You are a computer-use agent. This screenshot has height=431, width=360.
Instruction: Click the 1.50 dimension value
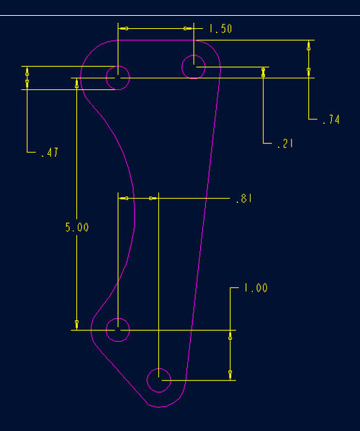click(220, 29)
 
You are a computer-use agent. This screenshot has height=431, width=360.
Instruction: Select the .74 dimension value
click(331, 119)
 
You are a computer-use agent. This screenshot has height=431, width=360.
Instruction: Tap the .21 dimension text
click(285, 143)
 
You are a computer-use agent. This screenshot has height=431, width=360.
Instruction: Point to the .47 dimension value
click(50, 153)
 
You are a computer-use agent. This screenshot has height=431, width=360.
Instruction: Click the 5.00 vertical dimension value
click(77, 227)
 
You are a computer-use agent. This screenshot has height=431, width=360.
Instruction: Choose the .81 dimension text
click(243, 198)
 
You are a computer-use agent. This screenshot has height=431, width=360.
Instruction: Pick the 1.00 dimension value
click(256, 288)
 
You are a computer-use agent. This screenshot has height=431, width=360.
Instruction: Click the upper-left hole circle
click(117, 66)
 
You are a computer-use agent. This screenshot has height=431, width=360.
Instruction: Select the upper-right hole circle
click(194, 55)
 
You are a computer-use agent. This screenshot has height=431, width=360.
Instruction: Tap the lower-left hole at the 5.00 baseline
click(117, 318)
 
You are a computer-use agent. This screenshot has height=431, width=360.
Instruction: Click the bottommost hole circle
click(158, 368)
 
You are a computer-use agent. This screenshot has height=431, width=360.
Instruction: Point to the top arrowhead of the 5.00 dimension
click(76, 83)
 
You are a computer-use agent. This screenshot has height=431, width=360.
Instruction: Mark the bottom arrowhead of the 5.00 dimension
click(76, 325)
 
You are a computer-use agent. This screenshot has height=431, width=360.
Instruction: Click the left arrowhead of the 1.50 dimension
click(123, 28)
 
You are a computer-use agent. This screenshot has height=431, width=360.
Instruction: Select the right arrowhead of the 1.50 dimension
click(189, 28)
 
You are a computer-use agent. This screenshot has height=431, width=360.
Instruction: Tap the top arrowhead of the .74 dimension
click(309, 45)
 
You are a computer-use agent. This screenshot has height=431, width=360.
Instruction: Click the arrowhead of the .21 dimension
click(264, 73)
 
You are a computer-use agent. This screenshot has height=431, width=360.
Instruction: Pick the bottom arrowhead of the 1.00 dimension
click(230, 375)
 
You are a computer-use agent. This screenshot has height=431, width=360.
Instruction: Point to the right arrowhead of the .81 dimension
click(153, 198)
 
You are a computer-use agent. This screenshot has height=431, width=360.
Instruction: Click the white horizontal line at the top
click(180, 15)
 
